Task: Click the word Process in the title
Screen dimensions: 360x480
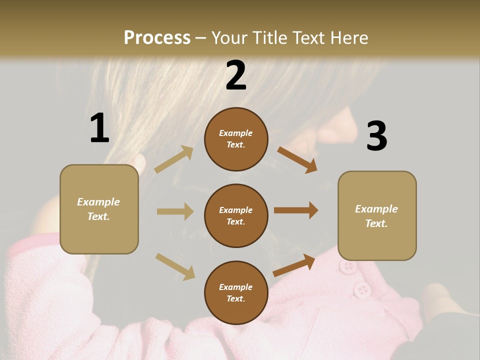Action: (157, 37)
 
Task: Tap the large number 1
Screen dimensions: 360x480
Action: (99, 128)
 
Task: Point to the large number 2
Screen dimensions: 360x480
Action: (236, 75)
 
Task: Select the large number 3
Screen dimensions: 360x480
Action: (376, 136)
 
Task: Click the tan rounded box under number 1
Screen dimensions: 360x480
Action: (99, 209)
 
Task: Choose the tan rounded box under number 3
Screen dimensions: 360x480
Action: (377, 215)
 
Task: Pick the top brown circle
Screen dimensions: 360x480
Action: (236, 139)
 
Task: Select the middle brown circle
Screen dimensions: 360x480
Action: (236, 215)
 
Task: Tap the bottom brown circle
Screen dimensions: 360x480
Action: (236, 292)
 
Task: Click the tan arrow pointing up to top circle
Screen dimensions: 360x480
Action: (174, 159)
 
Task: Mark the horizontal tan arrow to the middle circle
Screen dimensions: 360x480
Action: (175, 211)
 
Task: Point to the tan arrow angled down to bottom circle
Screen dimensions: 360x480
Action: (175, 266)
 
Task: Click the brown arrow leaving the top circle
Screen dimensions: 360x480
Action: (297, 160)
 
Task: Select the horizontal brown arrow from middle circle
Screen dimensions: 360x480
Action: (296, 210)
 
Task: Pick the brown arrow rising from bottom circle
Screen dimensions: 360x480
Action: (294, 265)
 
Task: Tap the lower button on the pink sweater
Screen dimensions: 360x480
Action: (361, 289)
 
